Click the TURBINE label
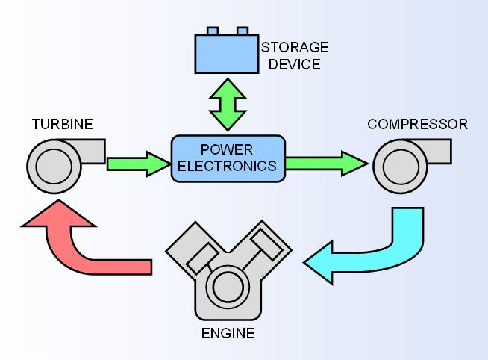tap(62, 123)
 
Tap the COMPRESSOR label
tap(417, 123)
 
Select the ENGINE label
tap(228, 333)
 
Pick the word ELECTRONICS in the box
tap(228, 165)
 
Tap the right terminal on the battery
tap(242, 31)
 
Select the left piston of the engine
tap(199, 256)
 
